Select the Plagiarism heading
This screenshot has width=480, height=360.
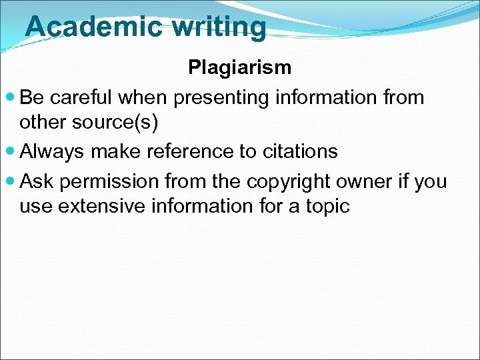click(239, 67)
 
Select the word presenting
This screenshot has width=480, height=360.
click(219, 98)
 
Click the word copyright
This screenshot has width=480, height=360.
click(291, 181)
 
